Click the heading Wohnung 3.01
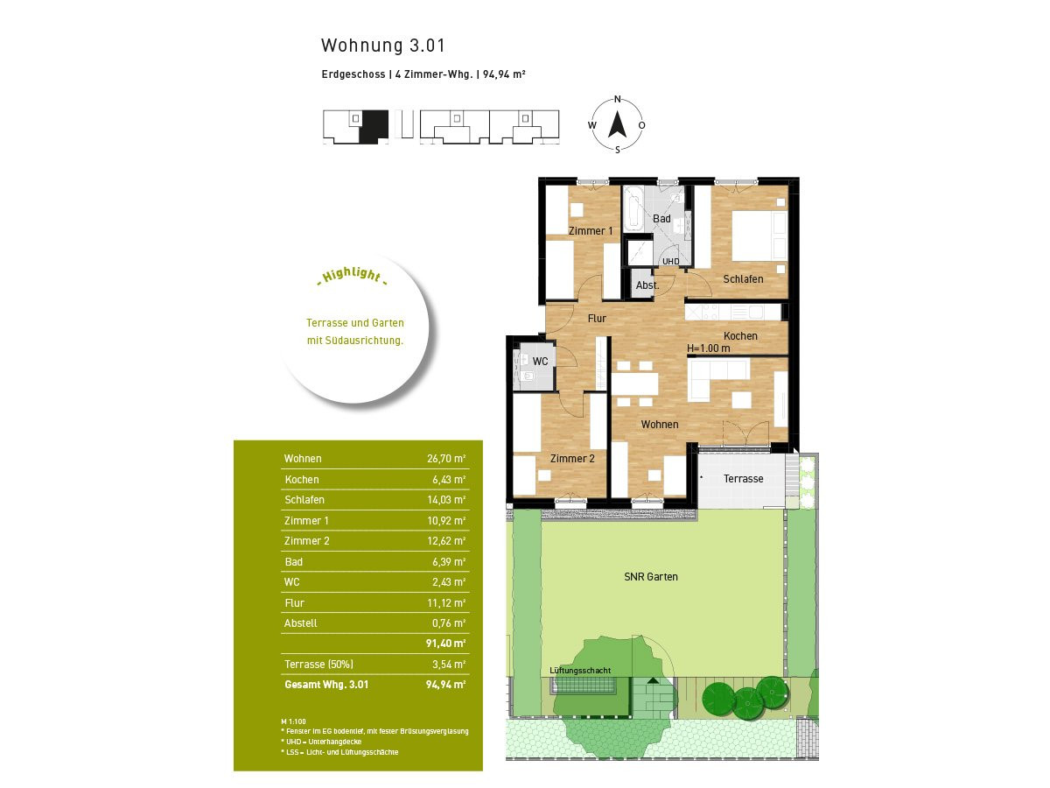(383, 46)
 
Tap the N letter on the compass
(617, 100)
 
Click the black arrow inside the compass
(617, 124)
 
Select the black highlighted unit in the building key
(373, 126)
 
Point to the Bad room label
(661, 219)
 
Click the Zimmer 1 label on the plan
(591, 230)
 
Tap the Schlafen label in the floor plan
(743, 279)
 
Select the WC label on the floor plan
(540, 362)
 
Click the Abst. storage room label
(647, 285)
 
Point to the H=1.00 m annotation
(709, 348)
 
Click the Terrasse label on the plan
(744, 478)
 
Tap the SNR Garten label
(651, 576)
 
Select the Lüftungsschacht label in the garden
(580, 671)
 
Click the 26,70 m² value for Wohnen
(446, 458)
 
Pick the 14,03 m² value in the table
(446, 499)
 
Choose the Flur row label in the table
(294, 603)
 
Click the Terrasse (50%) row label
(318, 664)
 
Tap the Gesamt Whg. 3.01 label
(326, 684)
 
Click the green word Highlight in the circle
(352, 275)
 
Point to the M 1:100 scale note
(293, 721)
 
